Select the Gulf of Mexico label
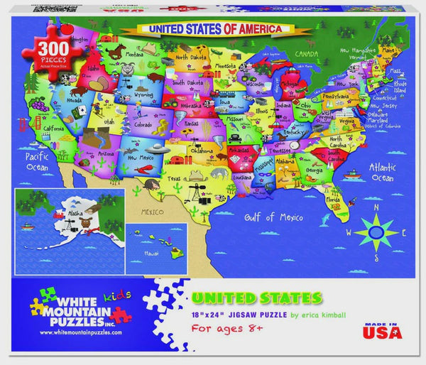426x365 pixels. coord(269,217)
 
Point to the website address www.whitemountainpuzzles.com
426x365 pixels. coord(77,332)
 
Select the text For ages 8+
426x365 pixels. coord(226,327)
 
